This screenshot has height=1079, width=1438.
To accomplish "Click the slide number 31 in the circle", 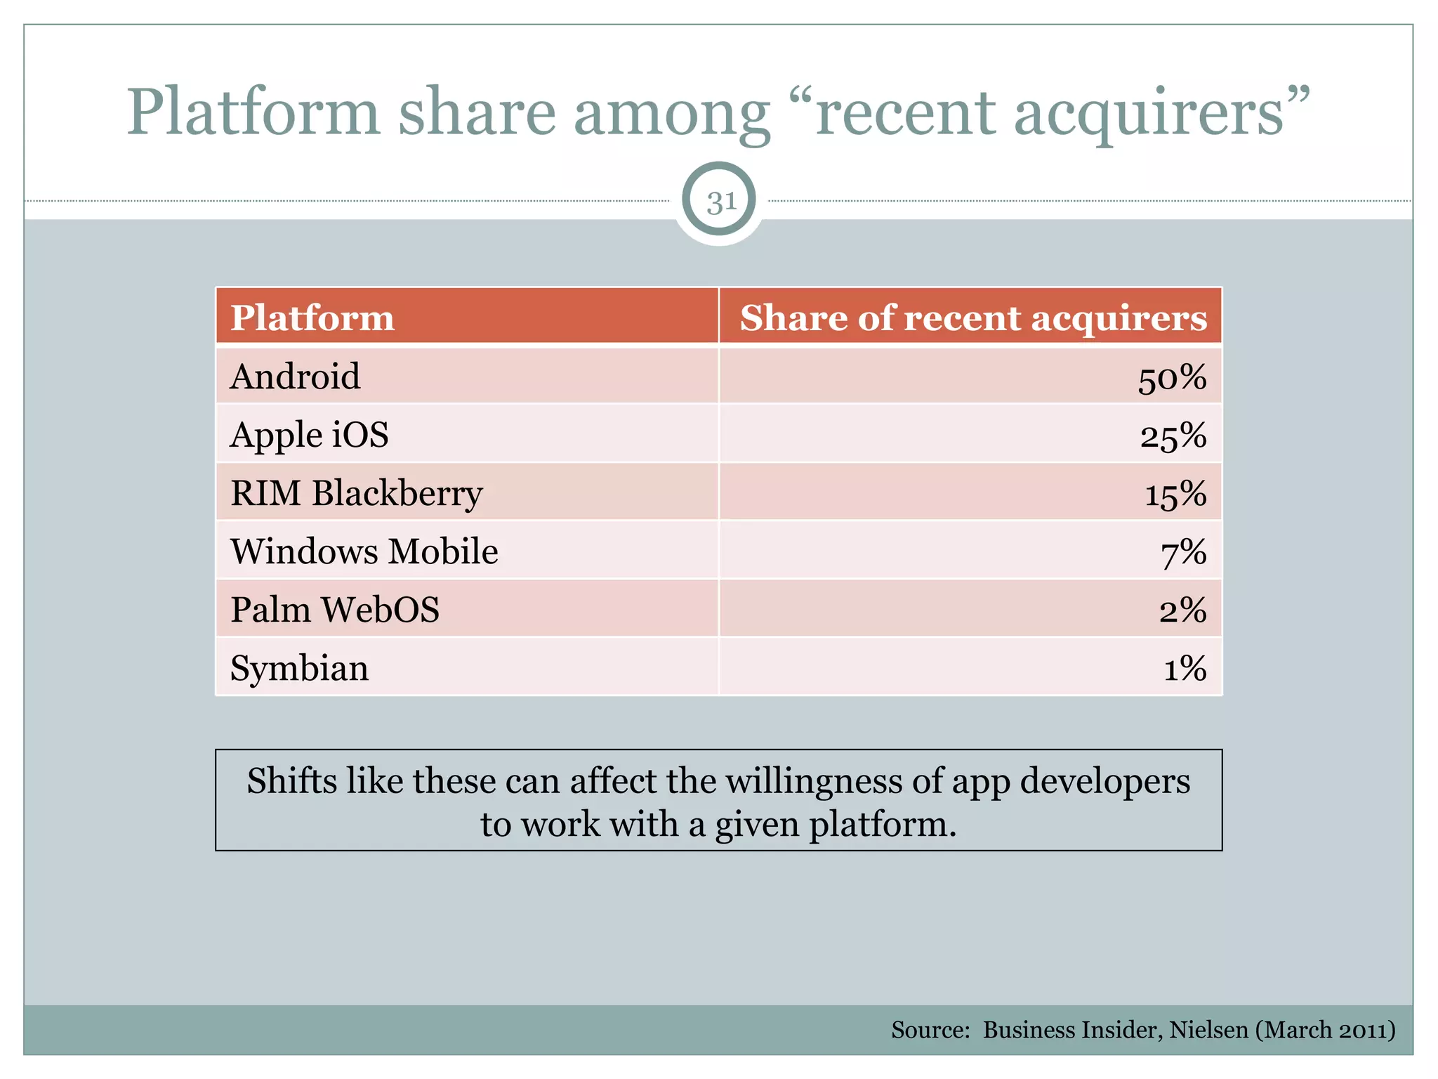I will (x=720, y=202).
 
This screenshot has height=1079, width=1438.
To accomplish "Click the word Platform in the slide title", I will (x=253, y=112).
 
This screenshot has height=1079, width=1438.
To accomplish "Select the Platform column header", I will (x=312, y=318).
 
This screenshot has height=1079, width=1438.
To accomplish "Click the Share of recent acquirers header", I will (x=973, y=318).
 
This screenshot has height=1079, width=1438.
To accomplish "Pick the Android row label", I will (x=295, y=377).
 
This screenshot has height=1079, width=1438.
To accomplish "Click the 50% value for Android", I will (x=1171, y=379).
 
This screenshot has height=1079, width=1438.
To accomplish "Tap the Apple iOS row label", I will (x=309, y=435).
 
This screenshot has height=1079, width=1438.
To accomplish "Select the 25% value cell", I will (x=1173, y=437).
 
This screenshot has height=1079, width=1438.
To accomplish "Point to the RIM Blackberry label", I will (x=356, y=494).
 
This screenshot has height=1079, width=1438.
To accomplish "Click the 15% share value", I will (x=1175, y=495).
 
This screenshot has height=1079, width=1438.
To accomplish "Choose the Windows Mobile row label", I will (x=364, y=551).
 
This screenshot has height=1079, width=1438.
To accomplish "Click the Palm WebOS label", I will (x=335, y=610).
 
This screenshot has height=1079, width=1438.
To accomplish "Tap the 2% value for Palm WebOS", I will (x=1182, y=611).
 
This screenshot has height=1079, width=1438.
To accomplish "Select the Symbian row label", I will (x=299, y=669).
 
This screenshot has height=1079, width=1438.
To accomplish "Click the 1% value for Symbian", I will (x=1185, y=669).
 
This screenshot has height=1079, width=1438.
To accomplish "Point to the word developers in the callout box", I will (x=1104, y=782).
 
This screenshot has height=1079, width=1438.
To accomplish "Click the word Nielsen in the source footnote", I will (x=1208, y=1030).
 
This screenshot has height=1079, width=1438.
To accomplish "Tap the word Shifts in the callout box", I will (x=291, y=781).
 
